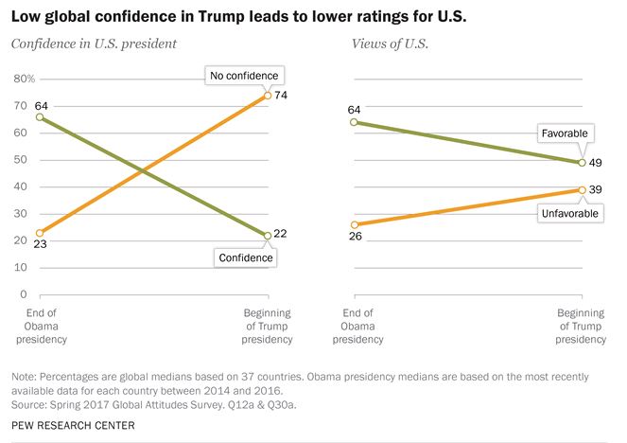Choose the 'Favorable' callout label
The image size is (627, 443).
(563, 133)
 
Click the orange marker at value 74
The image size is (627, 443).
(268, 96)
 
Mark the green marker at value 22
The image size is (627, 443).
(268, 236)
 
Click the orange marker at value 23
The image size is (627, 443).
(40, 233)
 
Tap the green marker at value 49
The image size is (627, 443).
(582, 163)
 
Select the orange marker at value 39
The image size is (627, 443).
(582, 190)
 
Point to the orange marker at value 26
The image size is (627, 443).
(353, 224)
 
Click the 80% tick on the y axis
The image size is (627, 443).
(24, 79)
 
